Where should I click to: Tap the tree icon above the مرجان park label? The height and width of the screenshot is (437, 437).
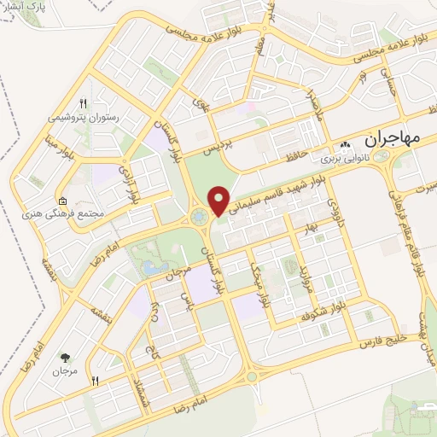click(x=65, y=357)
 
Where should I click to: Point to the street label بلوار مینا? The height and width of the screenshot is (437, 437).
click(x=48, y=154)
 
